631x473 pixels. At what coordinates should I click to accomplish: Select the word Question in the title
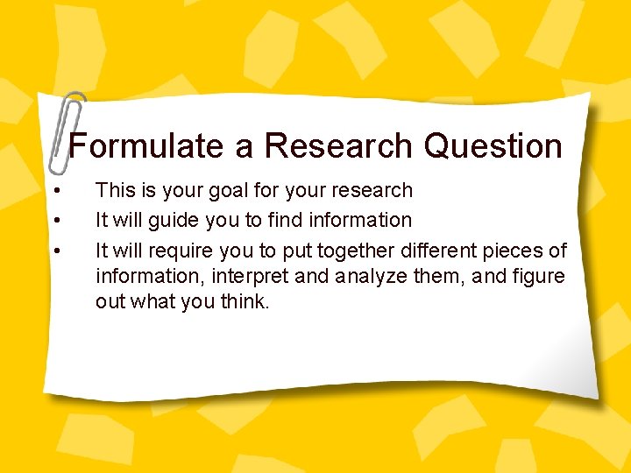(x=492, y=145)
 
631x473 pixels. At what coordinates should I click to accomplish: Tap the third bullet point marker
(x=55, y=251)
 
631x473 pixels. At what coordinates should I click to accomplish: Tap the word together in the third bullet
(x=355, y=251)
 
